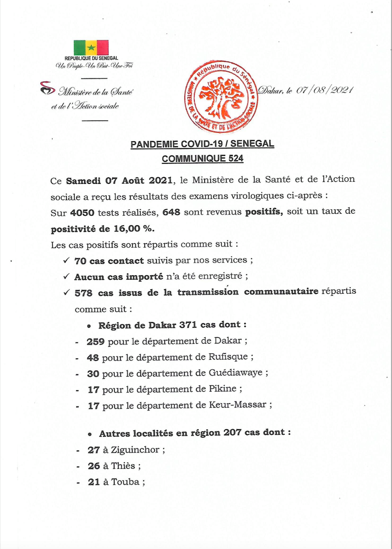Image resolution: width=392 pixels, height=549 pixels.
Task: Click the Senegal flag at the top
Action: [91, 47]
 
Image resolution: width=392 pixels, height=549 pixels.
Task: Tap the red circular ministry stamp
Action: [221, 97]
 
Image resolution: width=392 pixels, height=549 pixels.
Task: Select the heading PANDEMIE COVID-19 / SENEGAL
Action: [202, 144]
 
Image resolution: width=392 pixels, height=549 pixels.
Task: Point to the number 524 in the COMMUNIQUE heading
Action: [235, 159]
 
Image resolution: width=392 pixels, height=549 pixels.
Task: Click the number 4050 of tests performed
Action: [82, 213]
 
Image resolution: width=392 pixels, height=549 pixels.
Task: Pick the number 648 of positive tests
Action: [171, 213]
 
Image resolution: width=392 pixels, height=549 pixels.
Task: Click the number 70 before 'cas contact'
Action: [81, 261]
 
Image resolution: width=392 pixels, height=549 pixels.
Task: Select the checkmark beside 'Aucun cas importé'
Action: [66, 276]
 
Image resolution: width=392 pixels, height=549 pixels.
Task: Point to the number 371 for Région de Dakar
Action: [188, 325]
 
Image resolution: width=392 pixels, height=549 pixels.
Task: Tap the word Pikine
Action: [223, 389]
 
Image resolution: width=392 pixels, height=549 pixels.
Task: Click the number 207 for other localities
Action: [232, 433]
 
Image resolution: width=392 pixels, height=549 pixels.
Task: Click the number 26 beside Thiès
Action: [94, 466]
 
